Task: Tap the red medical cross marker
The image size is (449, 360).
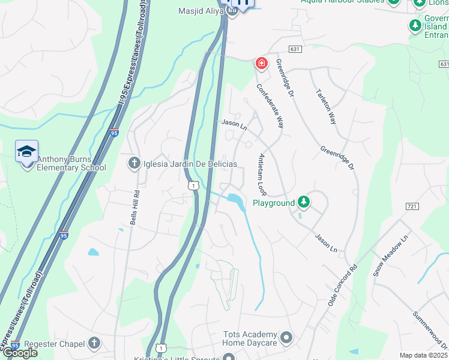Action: click(x=261, y=62)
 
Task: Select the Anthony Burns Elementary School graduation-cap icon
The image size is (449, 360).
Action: click(x=27, y=151)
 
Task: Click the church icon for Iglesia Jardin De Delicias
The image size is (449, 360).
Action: click(x=134, y=163)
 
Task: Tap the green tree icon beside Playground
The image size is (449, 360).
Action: click(x=304, y=202)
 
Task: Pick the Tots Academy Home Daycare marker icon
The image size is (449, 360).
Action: click(x=286, y=337)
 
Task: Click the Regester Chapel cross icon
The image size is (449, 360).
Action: click(x=93, y=343)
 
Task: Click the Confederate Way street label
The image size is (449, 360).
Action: click(x=270, y=106)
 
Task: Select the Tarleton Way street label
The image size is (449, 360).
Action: click(x=326, y=107)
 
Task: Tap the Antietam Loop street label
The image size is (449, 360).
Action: click(x=262, y=174)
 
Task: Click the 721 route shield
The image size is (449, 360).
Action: click(x=411, y=206)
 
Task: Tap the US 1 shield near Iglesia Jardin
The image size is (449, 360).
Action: click(x=193, y=186)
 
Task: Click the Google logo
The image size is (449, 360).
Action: click(x=19, y=352)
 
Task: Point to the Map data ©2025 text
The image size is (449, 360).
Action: click(x=424, y=355)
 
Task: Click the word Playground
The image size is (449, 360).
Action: click(x=274, y=203)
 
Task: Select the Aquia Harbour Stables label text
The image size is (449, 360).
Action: click(x=342, y=2)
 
